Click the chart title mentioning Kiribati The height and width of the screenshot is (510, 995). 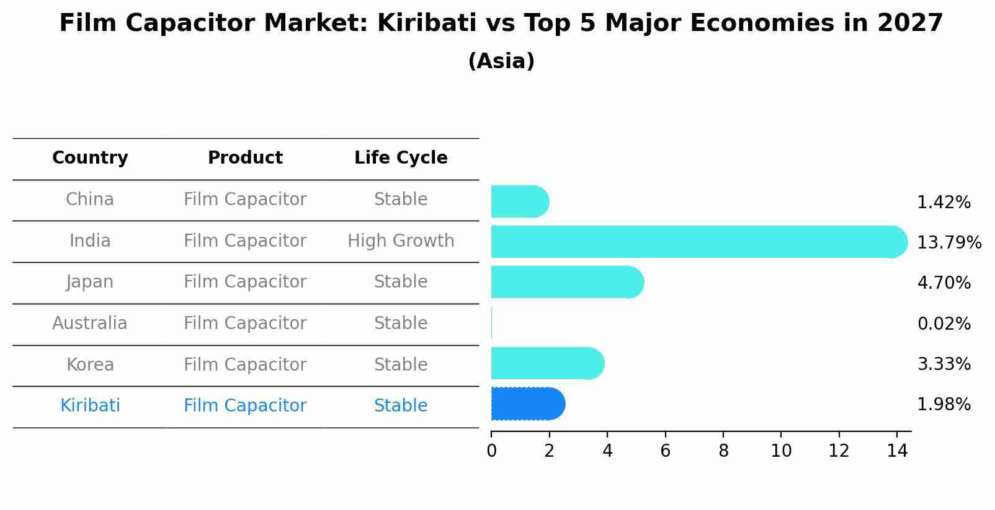coord(501,24)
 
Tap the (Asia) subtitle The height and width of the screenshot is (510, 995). coord(501,61)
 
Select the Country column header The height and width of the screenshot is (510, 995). coord(90,158)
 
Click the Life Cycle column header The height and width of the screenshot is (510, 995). coord(401,158)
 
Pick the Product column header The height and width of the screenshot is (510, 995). coord(245,158)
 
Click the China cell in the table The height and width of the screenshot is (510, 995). coord(90,200)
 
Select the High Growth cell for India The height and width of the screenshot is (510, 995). coord(401,241)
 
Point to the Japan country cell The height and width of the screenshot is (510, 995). coord(90,282)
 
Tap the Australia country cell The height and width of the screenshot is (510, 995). coord(90,323)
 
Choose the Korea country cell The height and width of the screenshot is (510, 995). coord(90,364)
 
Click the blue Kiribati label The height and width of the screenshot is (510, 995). coord(90,406)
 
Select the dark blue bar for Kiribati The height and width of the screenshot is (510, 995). coord(527,404)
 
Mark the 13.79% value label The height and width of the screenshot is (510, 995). coord(948,243)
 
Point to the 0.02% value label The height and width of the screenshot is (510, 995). coord(944,324)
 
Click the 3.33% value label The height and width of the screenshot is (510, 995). coord(944,364)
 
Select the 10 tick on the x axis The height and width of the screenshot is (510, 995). coord(781,451)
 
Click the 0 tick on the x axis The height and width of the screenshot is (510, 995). coord(491,451)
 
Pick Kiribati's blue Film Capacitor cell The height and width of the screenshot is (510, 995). coord(245,406)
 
